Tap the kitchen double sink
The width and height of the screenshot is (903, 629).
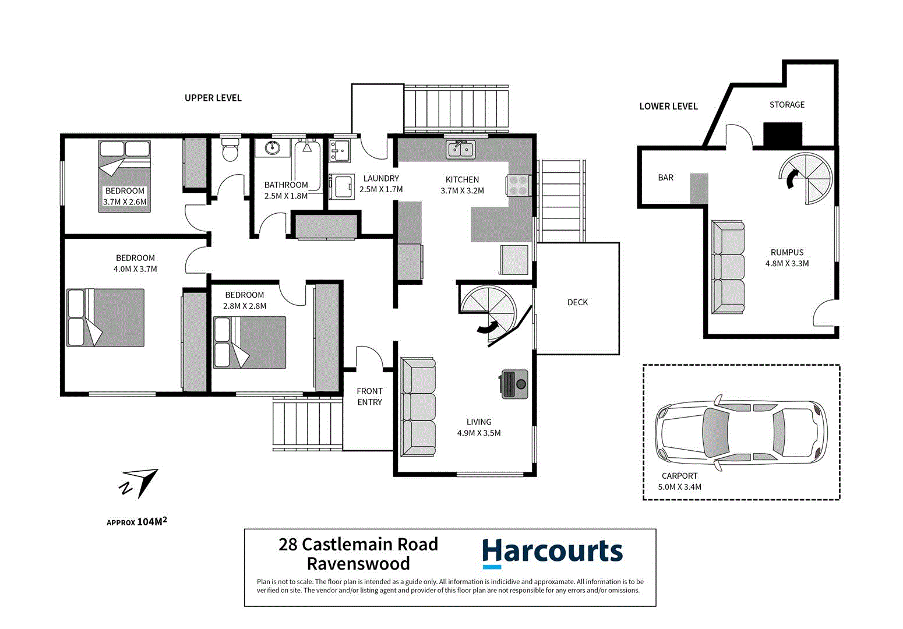coord(461,150)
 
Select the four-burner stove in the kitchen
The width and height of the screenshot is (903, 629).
coord(518,185)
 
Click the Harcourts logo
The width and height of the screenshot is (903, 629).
coord(552,552)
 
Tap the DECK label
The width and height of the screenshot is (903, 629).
coord(577,302)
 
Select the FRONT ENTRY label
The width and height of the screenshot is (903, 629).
coord(369,397)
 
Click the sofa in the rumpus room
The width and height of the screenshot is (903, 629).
coord(728,267)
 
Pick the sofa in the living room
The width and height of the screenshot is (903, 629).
coord(418,407)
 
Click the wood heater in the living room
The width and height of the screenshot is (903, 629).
coord(514,384)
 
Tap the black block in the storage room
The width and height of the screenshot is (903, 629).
coord(782,135)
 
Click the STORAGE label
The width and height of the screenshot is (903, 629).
coord(786,105)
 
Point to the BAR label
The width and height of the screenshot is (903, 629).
coord(665,178)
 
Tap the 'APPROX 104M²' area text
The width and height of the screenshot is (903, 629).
coord(137,522)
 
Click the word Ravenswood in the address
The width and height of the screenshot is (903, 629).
coord(358,564)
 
